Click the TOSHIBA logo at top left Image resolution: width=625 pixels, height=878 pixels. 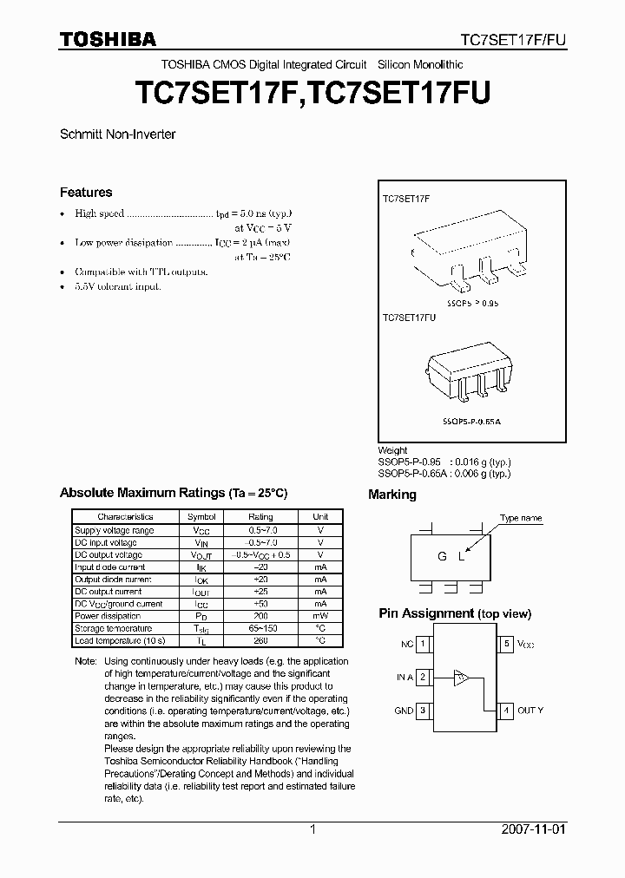click(x=107, y=39)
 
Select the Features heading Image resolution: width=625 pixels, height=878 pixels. click(x=86, y=193)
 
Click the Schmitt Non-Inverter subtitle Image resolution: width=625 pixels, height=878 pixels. click(x=117, y=134)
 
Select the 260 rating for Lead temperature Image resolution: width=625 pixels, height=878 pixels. click(x=260, y=640)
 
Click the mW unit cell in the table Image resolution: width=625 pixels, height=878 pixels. click(x=320, y=616)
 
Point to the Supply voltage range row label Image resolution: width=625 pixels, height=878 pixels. click(x=114, y=530)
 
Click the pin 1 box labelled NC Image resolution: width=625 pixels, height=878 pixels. click(x=423, y=645)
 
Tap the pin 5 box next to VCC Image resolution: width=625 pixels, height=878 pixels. click(x=507, y=645)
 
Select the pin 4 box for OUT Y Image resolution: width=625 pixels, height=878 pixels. click(x=507, y=710)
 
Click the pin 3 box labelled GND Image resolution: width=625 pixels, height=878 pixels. click(x=423, y=710)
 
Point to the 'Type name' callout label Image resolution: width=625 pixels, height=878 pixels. click(x=520, y=518)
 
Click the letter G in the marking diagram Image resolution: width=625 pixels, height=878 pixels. click(x=443, y=557)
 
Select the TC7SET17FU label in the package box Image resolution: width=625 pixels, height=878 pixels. click(x=411, y=318)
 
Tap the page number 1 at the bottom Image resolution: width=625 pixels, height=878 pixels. click(x=312, y=829)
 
